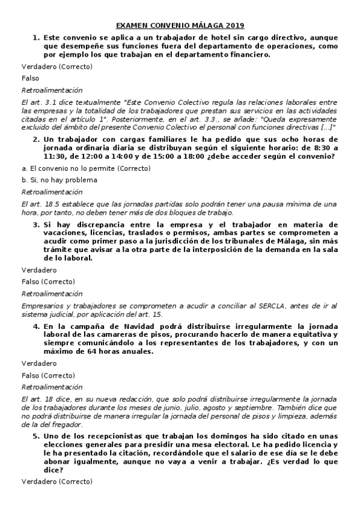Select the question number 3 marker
pos(36,224)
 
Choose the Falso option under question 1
pos(30,78)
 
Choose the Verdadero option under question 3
pos(39,270)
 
